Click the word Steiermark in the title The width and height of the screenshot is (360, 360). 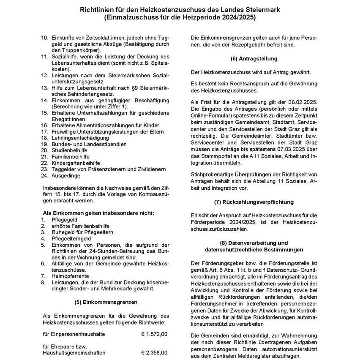[x=262, y=9]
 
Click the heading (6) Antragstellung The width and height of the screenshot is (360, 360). [x=254, y=58]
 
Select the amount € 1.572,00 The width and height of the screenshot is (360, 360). [x=154, y=334]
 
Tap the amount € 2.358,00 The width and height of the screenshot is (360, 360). [x=154, y=352]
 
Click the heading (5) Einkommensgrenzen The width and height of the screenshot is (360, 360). [x=106, y=302]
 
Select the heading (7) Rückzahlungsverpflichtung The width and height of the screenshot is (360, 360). [x=254, y=202]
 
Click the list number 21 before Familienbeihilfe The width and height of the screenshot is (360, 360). [x=44, y=156]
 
